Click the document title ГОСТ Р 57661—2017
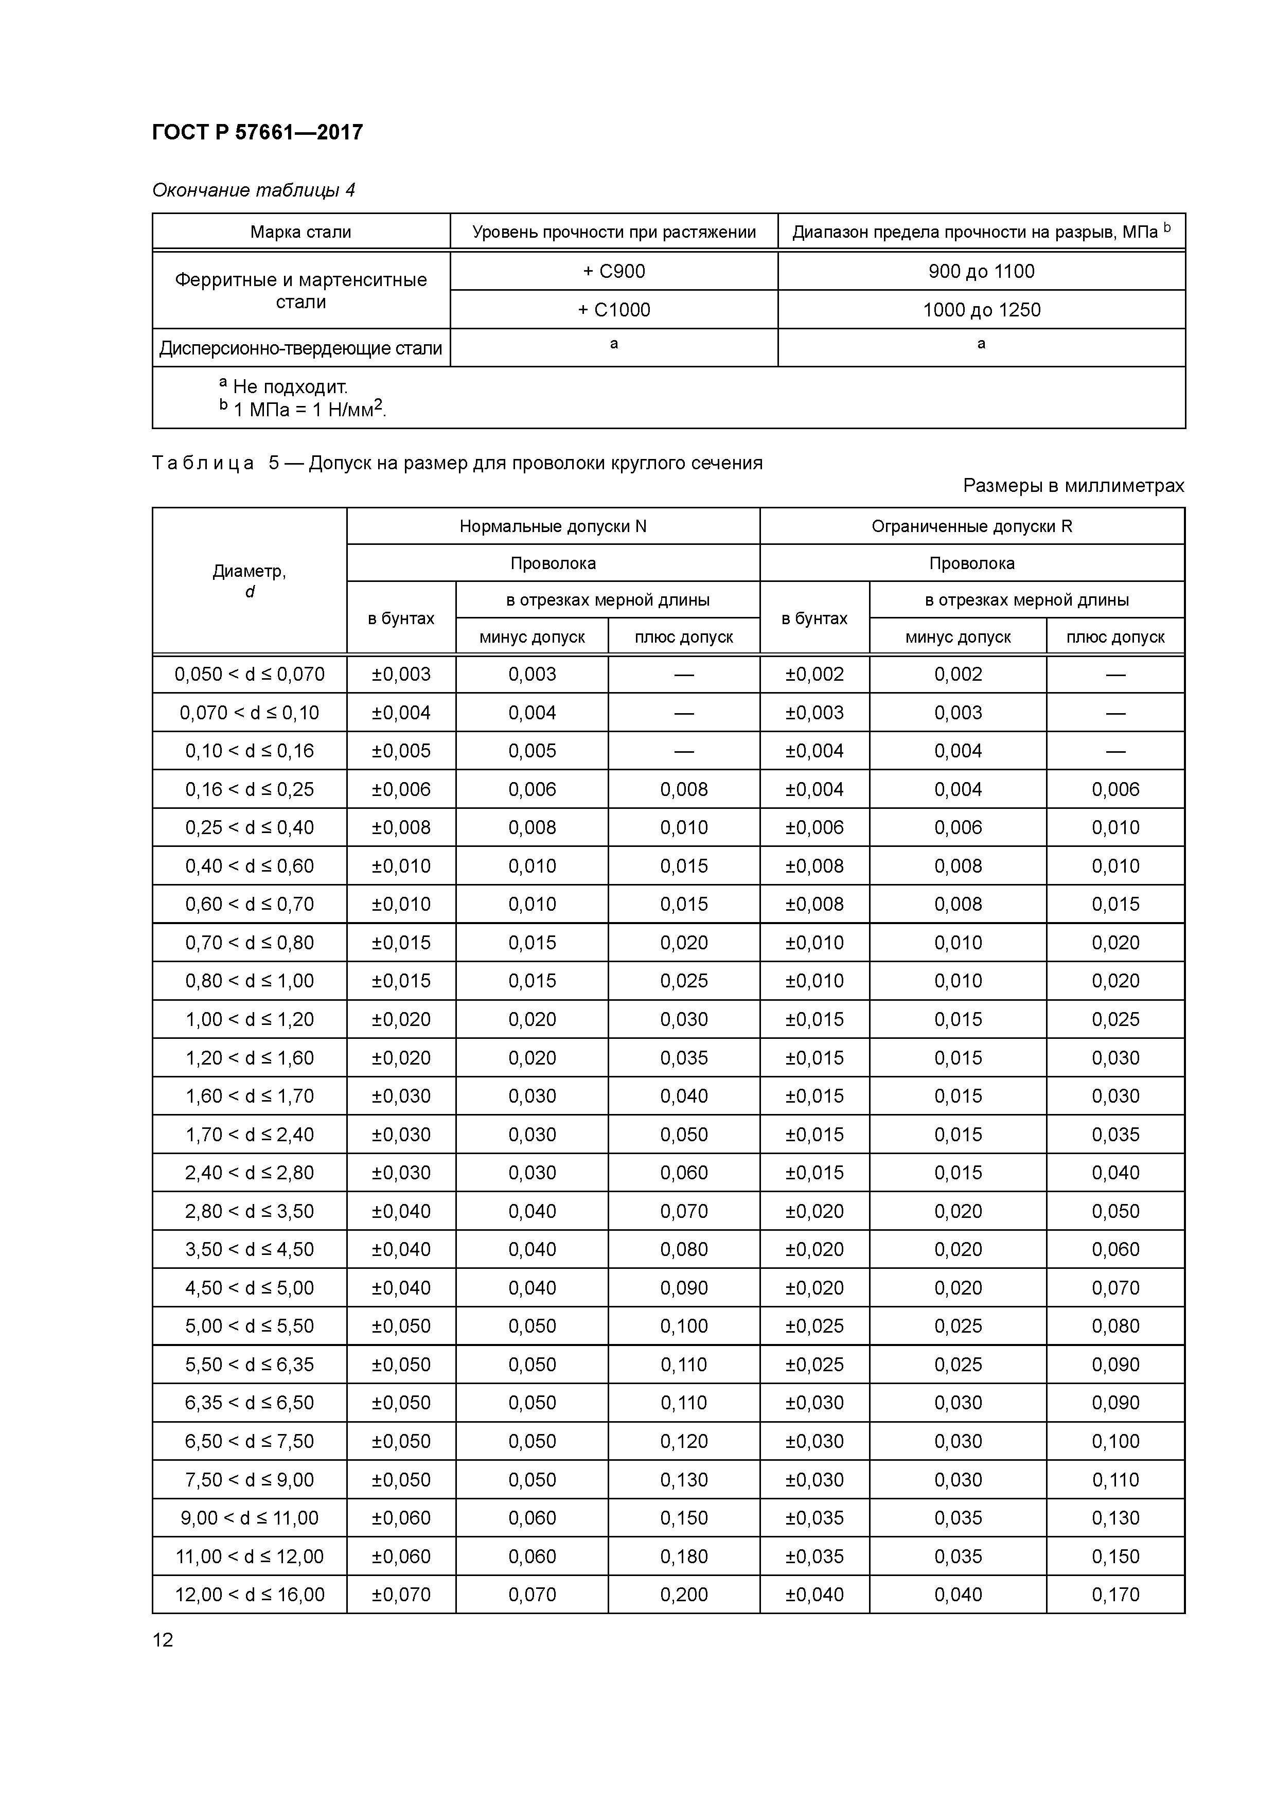tap(257, 132)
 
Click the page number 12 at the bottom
tap(163, 1640)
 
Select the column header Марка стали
tap(300, 232)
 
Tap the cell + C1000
tap(614, 310)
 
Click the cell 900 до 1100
tap(981, 271)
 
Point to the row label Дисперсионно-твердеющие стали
tap(300, 348)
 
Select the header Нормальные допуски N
tap(553, 526)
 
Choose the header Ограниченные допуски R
tap(972, 526)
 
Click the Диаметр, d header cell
tap(249, 581)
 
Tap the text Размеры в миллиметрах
tap(1073, 486)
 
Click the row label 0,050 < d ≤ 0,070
tap(249, 675)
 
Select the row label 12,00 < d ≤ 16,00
tap(249, 1595)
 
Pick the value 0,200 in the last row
tap(684, 1595)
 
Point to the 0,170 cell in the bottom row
tap(1115, 1595)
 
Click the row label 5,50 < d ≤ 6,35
tap(249, 1365)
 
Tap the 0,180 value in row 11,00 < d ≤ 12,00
tap(684, 1556)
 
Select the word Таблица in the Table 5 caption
tap(203, 463)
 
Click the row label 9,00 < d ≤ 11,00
tap(249, 1518)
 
